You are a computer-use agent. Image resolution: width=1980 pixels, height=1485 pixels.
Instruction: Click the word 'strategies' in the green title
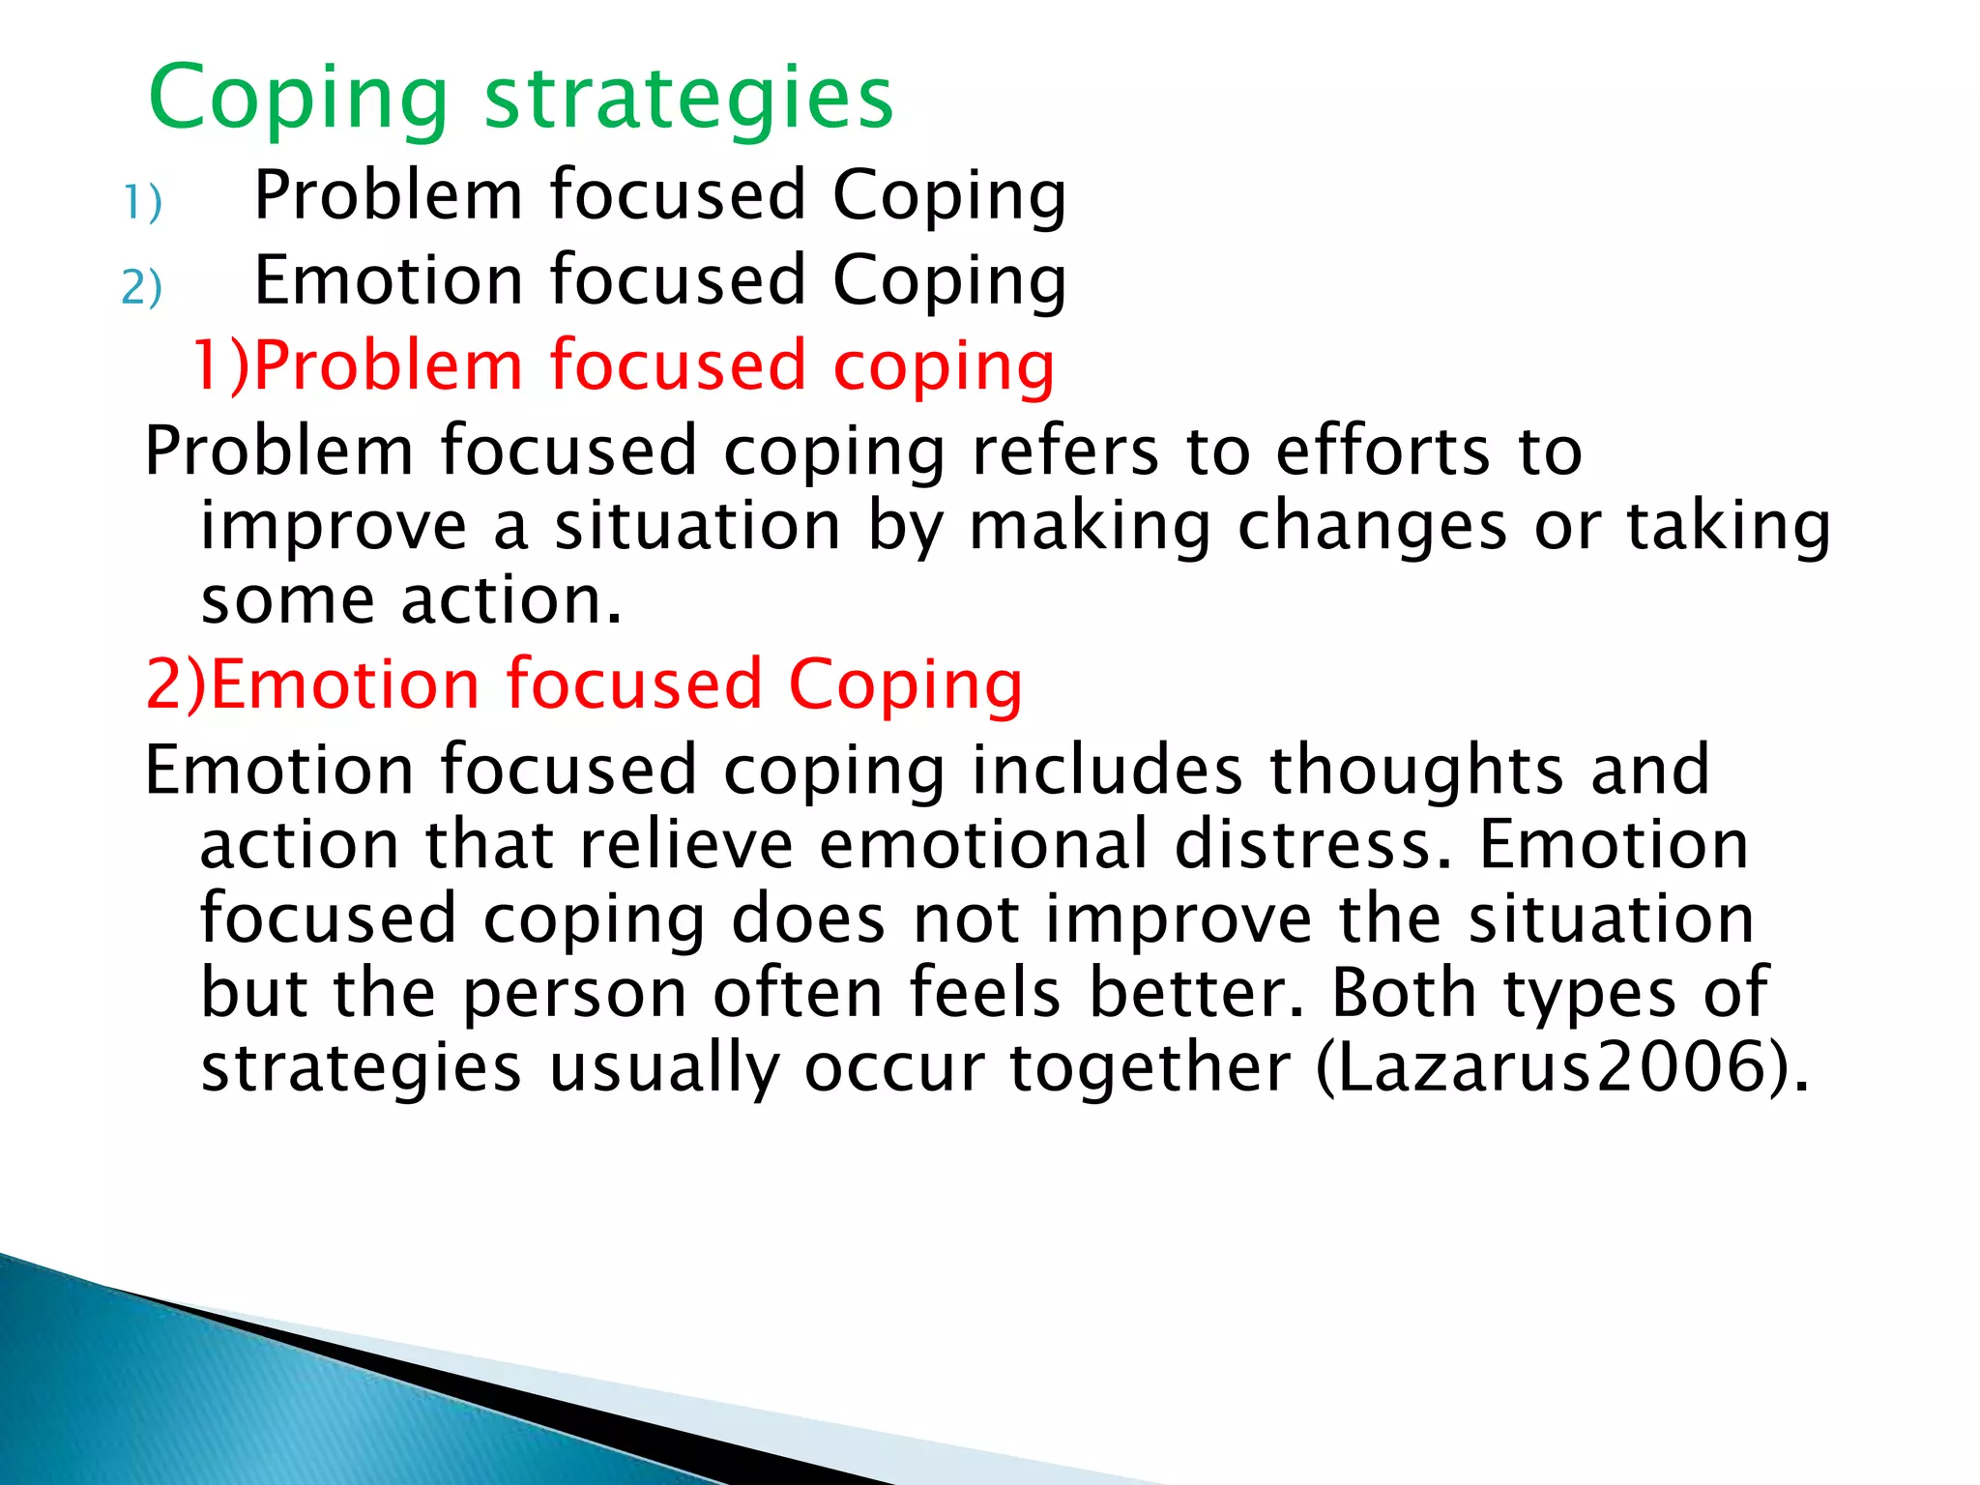(688, 99)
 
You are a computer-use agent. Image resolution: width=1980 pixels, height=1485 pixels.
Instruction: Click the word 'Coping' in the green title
(299, 99)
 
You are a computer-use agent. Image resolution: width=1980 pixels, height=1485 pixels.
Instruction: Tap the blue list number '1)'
(142, 203)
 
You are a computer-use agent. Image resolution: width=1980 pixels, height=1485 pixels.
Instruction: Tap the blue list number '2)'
(142, 288)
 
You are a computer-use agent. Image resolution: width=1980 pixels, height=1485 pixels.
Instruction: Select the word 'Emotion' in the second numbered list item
(389, 279)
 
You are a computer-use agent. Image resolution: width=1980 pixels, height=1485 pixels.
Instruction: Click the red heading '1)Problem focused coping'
(624, 365)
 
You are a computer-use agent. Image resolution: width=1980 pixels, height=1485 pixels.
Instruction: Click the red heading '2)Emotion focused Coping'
(584, 684)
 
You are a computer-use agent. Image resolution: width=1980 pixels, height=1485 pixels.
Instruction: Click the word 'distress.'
(1313, 844)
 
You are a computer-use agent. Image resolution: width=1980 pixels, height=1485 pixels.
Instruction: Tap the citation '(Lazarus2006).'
(1561, 1068)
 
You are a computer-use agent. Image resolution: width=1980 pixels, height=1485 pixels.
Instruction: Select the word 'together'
(1150, 1068)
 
